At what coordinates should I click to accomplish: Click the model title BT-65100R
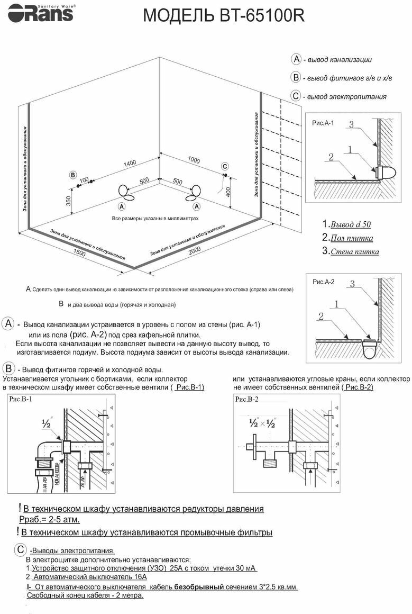224,16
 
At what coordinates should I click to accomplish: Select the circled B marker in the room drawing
73,175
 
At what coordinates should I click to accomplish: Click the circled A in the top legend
296,59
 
